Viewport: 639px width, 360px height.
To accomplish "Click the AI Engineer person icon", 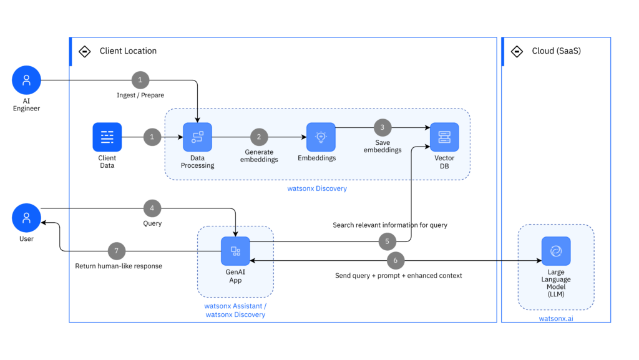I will tap(26, 80).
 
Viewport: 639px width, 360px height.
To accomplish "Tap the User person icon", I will tap(26, 218).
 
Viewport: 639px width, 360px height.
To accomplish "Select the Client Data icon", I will tap(107, 137).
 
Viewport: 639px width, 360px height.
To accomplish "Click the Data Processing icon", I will tap(197, 137).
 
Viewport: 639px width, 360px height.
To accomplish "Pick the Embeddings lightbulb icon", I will tap(321, 137).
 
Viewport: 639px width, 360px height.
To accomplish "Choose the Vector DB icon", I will tap(444, 137).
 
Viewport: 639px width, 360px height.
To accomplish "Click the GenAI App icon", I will tap(235, 251).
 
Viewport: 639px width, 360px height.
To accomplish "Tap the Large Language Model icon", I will tap(556, 251).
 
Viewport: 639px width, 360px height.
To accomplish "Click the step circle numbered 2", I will tap(259, 137).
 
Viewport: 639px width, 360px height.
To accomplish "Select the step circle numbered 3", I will tap(383, 127).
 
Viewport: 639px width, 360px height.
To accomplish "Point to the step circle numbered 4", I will tap(152, 208).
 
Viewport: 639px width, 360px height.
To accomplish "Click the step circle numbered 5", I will tap(388, 241).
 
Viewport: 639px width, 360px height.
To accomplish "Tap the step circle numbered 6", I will tap(395, 260).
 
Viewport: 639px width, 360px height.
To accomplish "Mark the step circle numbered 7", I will tap(117, 251).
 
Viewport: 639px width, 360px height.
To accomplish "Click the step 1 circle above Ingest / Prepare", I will tap(140, 80).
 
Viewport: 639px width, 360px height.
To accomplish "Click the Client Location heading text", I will tap(128, 51).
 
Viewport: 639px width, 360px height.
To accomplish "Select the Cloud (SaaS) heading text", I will tap(556, 51).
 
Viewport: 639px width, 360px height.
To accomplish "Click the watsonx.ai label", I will tap(556, 319).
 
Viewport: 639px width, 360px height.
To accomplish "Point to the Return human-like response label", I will tap(119, 266).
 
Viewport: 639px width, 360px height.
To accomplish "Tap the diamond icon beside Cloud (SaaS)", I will tap(517, 51).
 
